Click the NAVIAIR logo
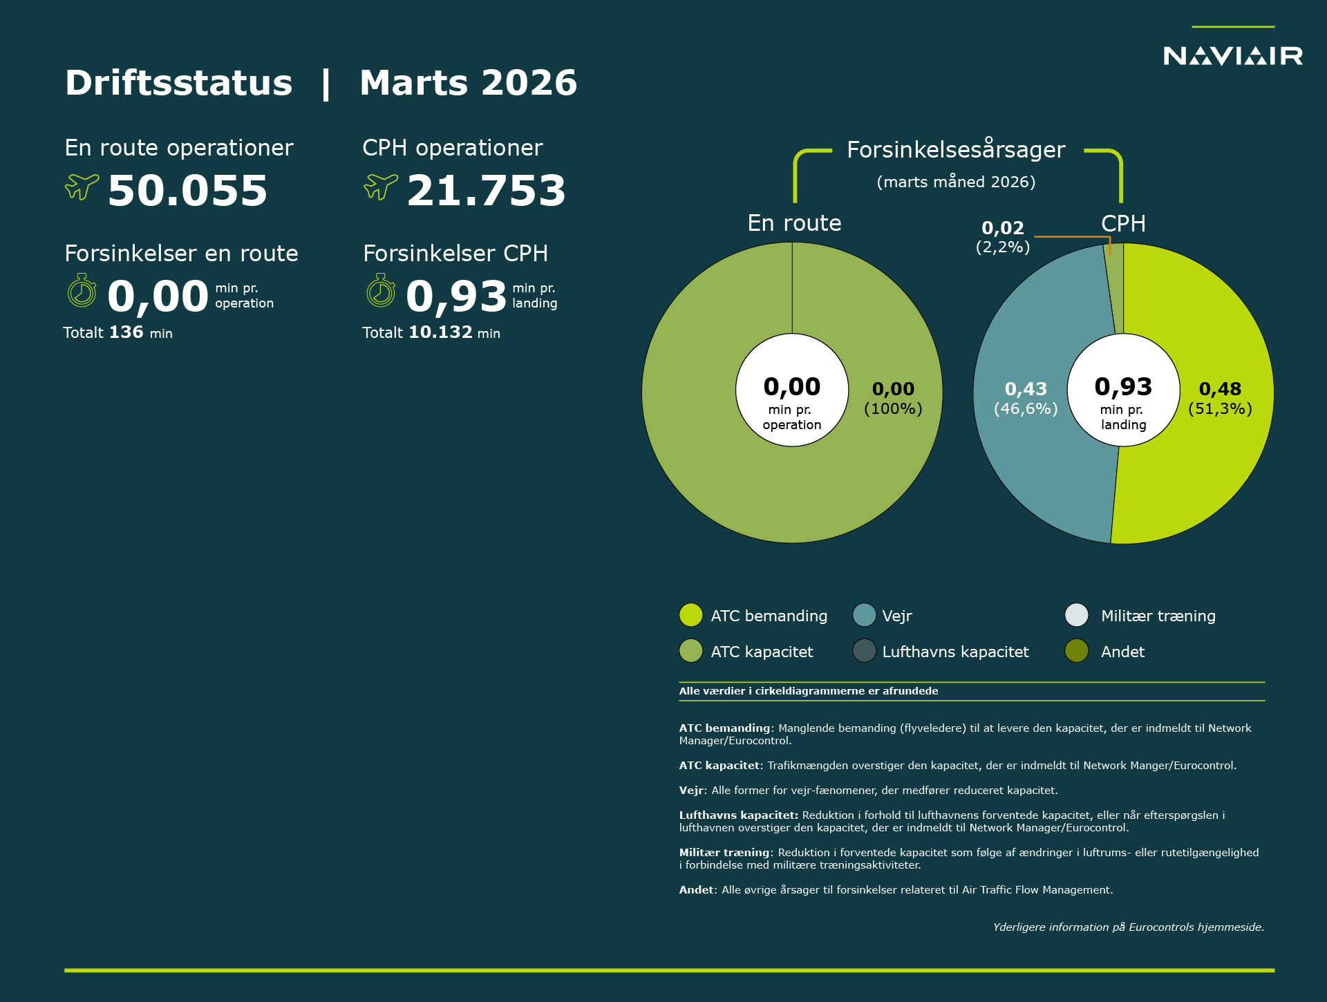pyautogui.click(x=1233, y=55)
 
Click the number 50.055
pyautogui.click(x=187, y=191)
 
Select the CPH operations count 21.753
pyautogui.click(x=486, y=191)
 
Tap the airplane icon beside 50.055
pyautogui.click(x=82, y=186)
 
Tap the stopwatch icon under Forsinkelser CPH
pyautogui.click(x=381, y=291)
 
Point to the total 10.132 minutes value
pyautogui.click(x=440, y=332)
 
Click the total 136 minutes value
pyautogui.click(x=126, y=332)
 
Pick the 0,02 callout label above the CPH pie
pyautogui.click(x=1003, y=228)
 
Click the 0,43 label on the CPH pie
pyautogui.click(x=1026, y=389)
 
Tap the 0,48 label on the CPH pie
pyautogui.click(x=1220, y=389)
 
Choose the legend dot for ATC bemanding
pyautogui.click(x=690, y=615)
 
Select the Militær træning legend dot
pyautogui.click(x=1077, y=615)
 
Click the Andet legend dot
pyautogui.click(x=1077, y=651)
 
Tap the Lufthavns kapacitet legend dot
pyautogui.click(x=864, y=651)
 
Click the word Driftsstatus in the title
pyautogui.click(x=179, y=83)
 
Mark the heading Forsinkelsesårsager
pyautogui.click(x=956, y=150)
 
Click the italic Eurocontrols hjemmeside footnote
pyautogui.click(x=1128, y=927)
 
